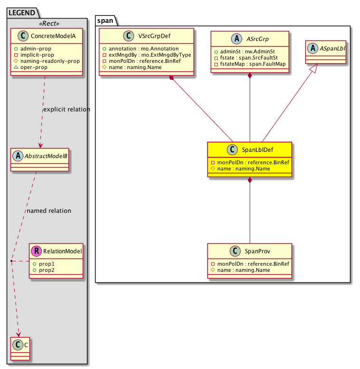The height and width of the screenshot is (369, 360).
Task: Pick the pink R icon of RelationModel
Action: [37, 251]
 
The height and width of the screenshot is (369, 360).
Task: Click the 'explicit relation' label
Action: [67, 110]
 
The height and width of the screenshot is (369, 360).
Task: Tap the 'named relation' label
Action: [49, 210]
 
